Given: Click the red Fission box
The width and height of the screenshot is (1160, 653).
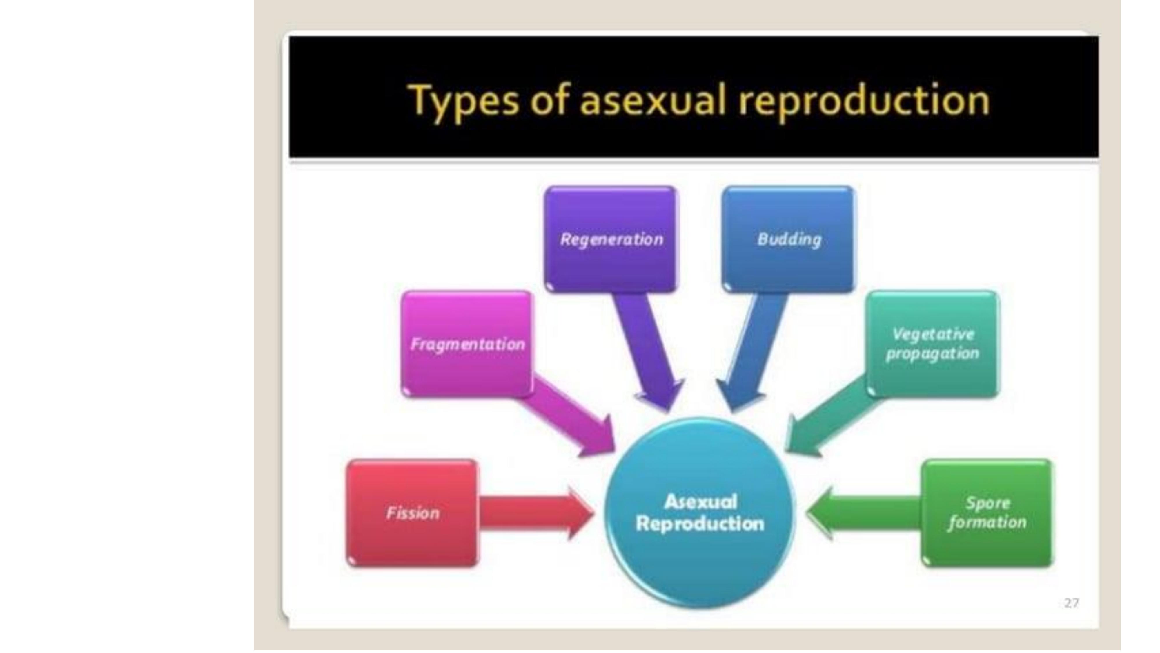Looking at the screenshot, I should tap(412, 513).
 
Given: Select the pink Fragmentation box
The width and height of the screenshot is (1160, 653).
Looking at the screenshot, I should tap(466, 344).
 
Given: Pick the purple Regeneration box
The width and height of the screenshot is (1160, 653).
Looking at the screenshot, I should tap(611, 239).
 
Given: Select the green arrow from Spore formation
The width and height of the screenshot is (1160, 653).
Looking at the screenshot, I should tap(865, 513).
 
